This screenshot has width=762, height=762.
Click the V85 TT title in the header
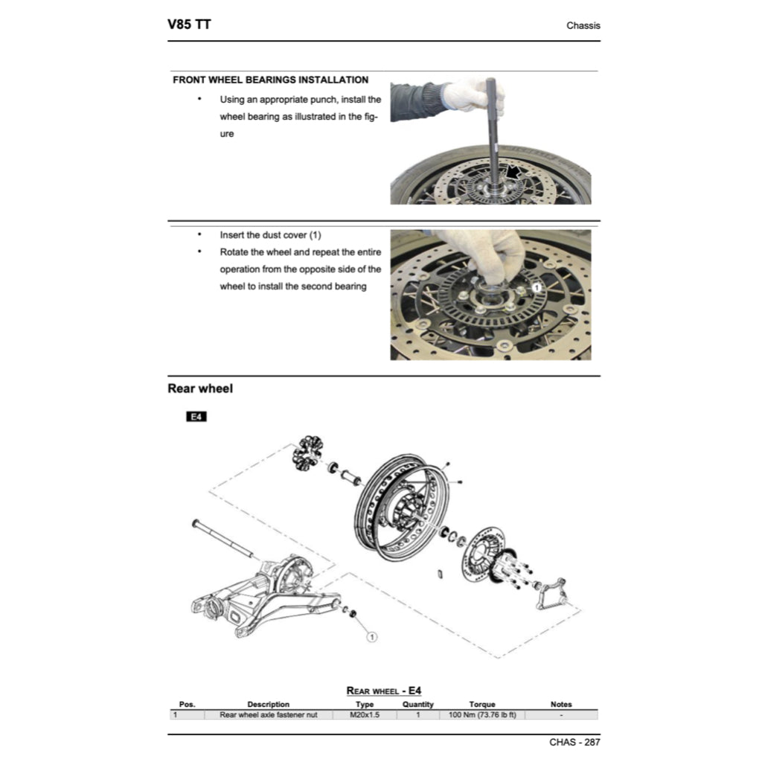click(189, 25)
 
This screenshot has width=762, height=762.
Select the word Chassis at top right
click(583, 25)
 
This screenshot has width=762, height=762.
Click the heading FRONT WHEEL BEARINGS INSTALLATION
click(270, 80)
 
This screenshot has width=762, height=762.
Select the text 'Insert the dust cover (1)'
click(270, 235)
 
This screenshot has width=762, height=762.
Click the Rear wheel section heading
click(199, 388)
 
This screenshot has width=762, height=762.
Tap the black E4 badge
click(196, 417)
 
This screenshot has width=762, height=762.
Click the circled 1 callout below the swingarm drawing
click(372, 637)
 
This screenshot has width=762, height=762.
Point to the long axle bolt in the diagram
click(223, 538)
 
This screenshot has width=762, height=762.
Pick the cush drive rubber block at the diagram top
click(307, 453)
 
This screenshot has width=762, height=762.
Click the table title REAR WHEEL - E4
click(384, 691)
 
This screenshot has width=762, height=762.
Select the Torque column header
click(482, 704)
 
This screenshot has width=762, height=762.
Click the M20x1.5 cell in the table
click(365, 714)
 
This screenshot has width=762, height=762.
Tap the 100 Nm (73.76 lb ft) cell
click(482, 714)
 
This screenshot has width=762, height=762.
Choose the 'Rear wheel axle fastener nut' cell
click(269, 714)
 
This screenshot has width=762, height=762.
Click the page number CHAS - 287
click(574, 742)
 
